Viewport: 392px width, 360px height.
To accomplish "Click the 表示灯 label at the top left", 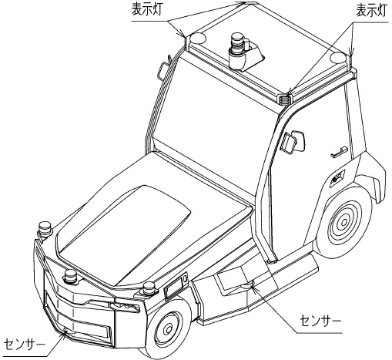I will [x=149, y=10].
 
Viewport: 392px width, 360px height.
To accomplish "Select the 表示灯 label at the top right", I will [x=370, y=10].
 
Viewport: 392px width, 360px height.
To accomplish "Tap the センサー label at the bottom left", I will [x=23, y=342].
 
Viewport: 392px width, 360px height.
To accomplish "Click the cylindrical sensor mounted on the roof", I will [x=237, y=50].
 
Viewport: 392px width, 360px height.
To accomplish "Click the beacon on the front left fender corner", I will [x=45, y=229].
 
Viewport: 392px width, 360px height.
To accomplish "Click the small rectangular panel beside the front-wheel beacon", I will [x=171, y=291].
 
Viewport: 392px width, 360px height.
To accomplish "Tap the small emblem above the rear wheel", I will [x=336, y=178].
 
